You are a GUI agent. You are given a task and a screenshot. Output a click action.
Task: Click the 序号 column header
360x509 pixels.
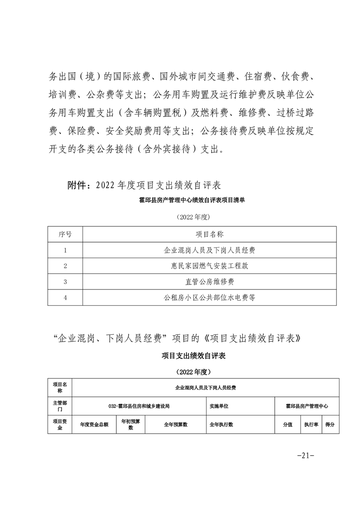pos(65,235)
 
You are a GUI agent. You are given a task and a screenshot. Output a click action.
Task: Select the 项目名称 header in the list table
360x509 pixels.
pos(209,235)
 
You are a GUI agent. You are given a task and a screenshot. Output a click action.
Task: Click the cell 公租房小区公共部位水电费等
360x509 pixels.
pos(209,298)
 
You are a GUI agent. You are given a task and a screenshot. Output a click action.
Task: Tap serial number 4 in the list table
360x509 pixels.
pos(65,298)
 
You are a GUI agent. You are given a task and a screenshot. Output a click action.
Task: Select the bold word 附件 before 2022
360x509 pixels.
pos(75,186)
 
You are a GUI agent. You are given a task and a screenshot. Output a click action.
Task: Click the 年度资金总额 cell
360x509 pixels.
pos(94,425)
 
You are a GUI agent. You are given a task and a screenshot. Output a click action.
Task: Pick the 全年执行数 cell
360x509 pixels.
pos(221,425)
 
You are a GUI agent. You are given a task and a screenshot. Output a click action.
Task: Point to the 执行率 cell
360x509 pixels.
pos(311,425)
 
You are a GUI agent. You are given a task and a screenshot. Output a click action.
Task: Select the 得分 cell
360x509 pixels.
pos(330,425)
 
